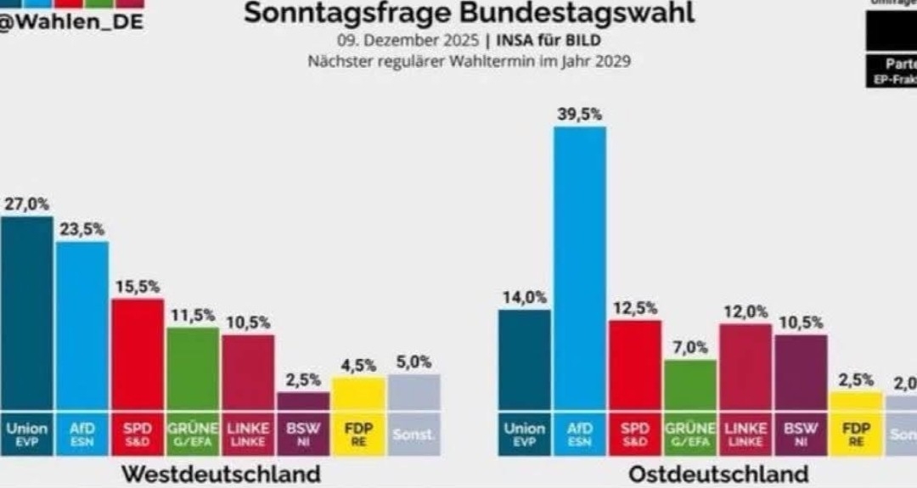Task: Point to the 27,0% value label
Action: coord(26,204)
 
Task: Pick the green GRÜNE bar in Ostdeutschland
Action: coord(689,386)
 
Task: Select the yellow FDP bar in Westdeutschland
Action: coord(358,395)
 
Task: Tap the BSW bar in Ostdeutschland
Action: coord(800,373)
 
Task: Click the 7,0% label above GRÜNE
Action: coord(689,347)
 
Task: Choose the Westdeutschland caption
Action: coord(222,473)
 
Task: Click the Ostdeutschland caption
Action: coord(718,473)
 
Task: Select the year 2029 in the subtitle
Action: coord(611,61)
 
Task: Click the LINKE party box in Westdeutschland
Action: coord(248,433)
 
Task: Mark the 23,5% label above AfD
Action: coord(82,229)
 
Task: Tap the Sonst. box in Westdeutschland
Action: coord(413,434)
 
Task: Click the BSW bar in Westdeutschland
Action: coord(303,401)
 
